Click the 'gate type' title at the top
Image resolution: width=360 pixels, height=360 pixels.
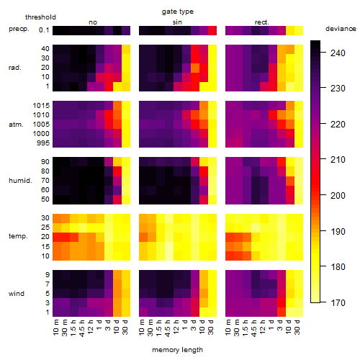pyautogui.click(x=178, y=12)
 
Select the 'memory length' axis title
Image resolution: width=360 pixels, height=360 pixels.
pyautogui.click(x=177, y=350)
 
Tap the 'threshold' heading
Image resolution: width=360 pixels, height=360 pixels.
pyautogui.click(x=40, y=17)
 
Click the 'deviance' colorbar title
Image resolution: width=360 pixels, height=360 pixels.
pyautogui.click(x=341, y=29)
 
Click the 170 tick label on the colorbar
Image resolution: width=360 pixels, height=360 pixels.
pyautogui.click(x=338, y=303)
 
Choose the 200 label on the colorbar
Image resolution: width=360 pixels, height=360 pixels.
pyautogui.click(x=338, y=196)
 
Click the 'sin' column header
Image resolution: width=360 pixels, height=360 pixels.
pyautogui.click(x=177, y=22)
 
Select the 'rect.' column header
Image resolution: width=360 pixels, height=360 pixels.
pyautogui.click(x=261, y=22)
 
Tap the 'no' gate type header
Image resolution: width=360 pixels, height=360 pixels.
pyautogui.click(x=93, y=22)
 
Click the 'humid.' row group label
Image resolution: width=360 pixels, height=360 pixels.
pyautogui.click(x=20, y=181)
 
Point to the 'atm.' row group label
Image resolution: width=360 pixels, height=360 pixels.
pyautogui.click(x=16, y=125)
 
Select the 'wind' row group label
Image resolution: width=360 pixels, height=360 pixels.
pyautogui.click(x=17, y=294)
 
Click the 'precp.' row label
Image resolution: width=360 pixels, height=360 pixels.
pyautogui.click(x=19, y=29)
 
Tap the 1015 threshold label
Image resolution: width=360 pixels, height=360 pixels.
pyautogui.click(x=41, y=106)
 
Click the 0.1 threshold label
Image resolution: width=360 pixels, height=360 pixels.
pyautogui.click(x=44, y=30)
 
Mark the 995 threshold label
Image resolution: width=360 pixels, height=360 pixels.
pyautogui.click(x=43, y=143)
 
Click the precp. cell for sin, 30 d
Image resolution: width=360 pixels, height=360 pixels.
pyautogui.click(x=212, y=31)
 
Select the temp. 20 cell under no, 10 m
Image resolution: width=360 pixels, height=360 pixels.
pyautogui.click(x=57, y=237)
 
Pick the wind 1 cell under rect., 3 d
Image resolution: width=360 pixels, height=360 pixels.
pyautogui.click(x=282, y=312)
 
